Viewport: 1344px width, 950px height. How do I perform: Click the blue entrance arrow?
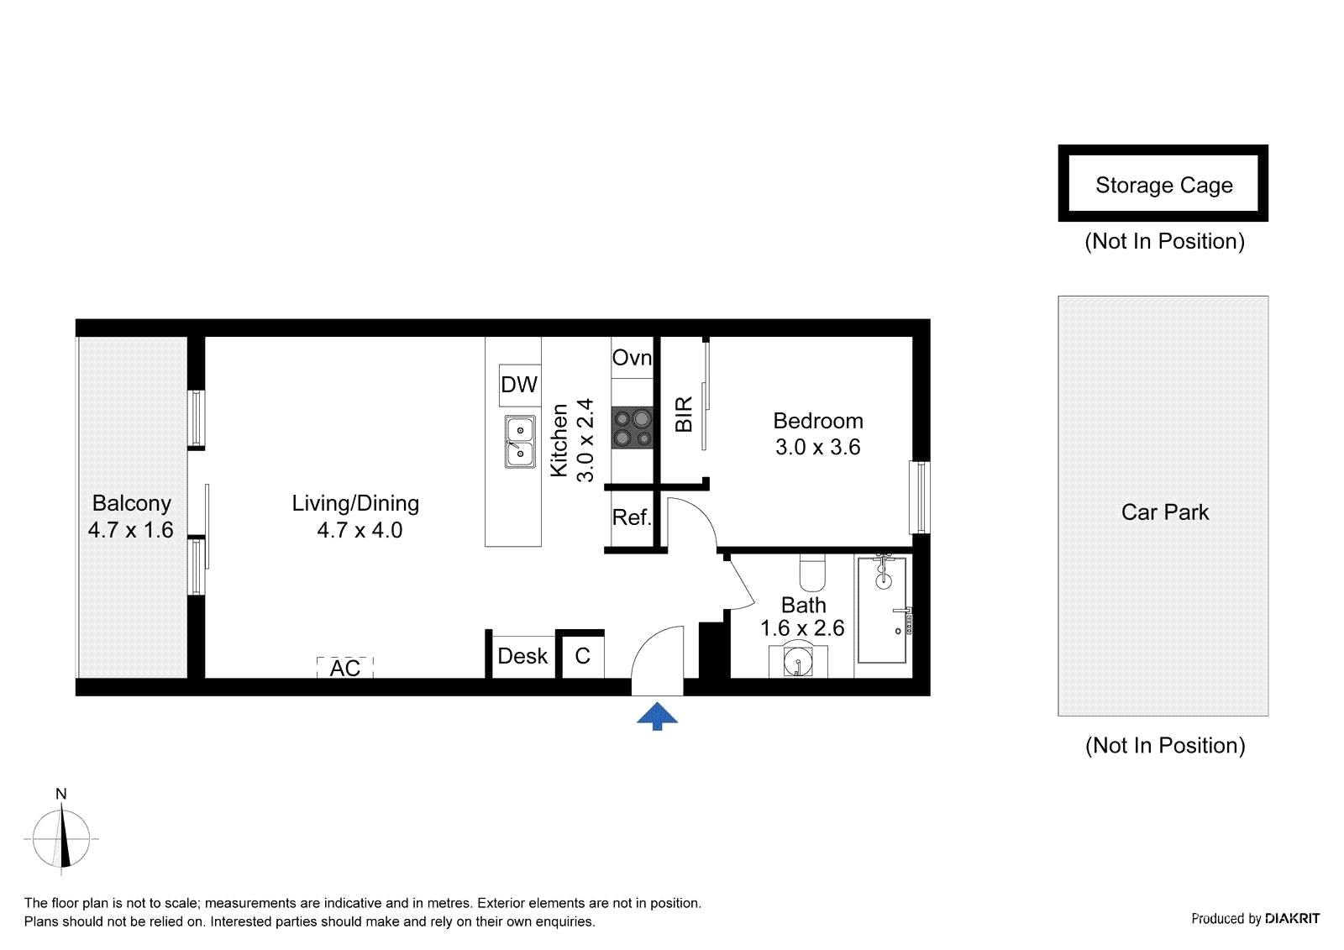[657, 715]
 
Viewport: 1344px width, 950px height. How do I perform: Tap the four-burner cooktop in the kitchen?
[632, 428]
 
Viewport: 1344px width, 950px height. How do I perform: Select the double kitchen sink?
[520, 442]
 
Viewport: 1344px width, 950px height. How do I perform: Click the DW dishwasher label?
[519, 384]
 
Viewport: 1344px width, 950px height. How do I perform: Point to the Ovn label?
[632, 358]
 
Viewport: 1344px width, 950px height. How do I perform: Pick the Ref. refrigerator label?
[632, 517]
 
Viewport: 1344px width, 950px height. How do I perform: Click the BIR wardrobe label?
[684, 413]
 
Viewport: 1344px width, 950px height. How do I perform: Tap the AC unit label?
[345, 668]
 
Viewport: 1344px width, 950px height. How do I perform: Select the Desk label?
[522, 656]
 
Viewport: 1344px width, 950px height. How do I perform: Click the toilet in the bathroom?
[812, 573]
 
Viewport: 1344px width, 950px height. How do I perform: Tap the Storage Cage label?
[1164, 186]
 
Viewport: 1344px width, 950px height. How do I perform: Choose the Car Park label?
[1164, 512]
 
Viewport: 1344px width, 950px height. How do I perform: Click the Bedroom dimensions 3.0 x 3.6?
[818, 447]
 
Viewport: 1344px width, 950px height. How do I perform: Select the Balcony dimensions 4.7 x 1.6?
[131, 530]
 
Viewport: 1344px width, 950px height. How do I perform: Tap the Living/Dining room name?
[355, 503]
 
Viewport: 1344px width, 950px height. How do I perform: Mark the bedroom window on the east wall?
[919, 497]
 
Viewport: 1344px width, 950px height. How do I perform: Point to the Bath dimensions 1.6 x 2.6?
[802, 628]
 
